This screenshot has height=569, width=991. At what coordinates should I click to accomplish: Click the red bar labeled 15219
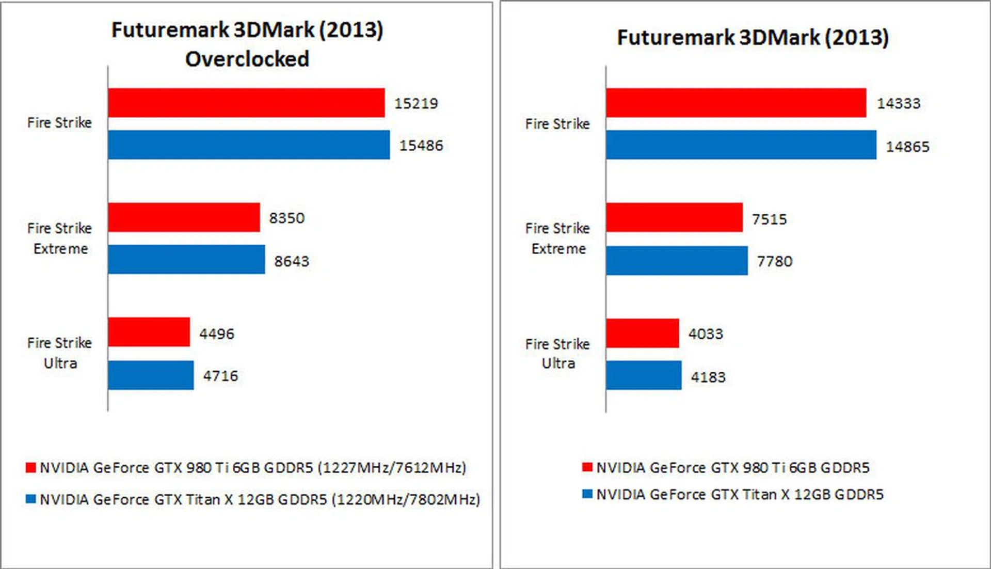coord(246,103)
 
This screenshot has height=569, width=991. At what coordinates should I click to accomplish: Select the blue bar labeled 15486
coord(249,145)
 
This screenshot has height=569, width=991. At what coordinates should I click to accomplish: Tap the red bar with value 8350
coord(184,217)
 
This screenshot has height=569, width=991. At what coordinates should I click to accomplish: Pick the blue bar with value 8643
coord(186,259)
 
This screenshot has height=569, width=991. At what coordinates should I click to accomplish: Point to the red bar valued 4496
coord(149,332)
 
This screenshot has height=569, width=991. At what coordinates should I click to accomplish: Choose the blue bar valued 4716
coord(151,375)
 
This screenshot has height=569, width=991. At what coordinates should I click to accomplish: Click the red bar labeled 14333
coord(736,103)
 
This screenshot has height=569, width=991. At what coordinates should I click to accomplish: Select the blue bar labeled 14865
coord(741,145)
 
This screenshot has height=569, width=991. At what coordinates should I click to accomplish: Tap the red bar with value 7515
coord(674,217)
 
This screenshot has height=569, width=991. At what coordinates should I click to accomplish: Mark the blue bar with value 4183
coord(644,375)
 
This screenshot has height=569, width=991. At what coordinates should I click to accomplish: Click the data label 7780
coord(774,261)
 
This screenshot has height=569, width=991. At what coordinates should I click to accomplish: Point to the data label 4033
coord(706,334)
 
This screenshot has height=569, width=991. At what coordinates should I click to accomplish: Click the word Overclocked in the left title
coord(247,59)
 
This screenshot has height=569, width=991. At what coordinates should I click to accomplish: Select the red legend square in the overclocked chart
coord(31,467)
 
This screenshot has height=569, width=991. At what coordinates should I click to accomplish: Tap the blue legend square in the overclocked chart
coord(31,499)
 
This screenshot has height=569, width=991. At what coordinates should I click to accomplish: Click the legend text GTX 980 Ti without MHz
coord(733,468)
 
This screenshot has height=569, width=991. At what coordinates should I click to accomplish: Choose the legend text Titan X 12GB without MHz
coord(740,495)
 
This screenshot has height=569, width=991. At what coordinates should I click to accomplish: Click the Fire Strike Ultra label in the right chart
coord(557,354)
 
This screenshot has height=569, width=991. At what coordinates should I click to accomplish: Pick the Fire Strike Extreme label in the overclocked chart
coord(60,239)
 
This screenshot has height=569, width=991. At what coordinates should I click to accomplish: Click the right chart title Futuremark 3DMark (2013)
coord(753,38)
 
